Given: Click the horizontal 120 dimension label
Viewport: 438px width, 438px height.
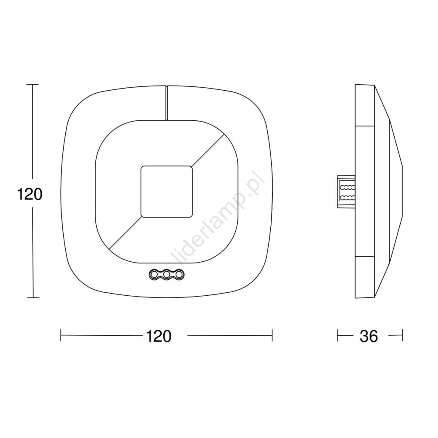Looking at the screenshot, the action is pyautogui.click(x=158, y=336).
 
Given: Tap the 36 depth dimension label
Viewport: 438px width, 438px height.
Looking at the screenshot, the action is pyautogui.click(x=369, y=336).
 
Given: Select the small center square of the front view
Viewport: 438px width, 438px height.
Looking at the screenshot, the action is pyautogui.click(x=167, y=191).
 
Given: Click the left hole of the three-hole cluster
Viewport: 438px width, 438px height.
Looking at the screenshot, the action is pyautogui.click(x=154, y=274).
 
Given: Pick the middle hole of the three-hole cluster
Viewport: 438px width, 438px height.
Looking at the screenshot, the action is pyautogui.click(x=167, y=274).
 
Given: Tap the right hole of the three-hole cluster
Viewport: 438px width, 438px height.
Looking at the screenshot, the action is pyautogui.click(x=179, y=274).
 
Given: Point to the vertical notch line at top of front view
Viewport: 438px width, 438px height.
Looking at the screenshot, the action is pyautogui.click(x=167, y=103).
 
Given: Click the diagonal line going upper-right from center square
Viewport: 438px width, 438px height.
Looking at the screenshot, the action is pyautogui.click(x=208, y=150).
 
